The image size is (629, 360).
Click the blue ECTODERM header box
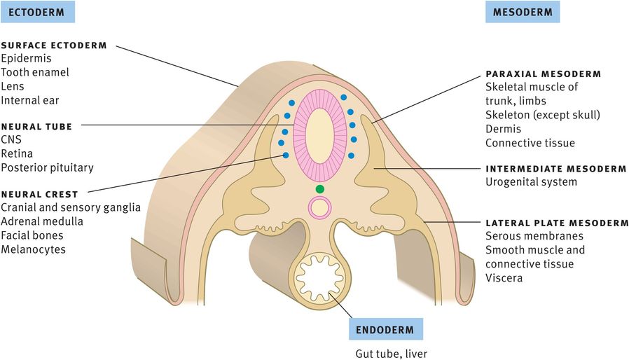tap(37, 12)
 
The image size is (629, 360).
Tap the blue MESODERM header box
tap(522, 12)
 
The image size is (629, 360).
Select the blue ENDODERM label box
tap(384, 329)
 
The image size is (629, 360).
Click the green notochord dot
tap(320, 189)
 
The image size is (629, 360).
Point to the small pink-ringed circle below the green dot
tap(320, 207)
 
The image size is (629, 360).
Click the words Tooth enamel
tap(35, 72)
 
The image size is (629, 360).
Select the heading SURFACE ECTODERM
tap(54, 46)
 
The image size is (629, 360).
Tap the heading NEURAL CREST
tap(39, 193)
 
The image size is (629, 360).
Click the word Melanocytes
tap(33, 249)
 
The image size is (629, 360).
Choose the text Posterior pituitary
tap(47, 167)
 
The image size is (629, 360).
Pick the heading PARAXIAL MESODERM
tap(543, 74)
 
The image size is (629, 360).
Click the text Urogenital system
tap(531, 182)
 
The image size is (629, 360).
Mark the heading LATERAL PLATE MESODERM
tap(557, 223)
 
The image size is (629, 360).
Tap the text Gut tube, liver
tap(390, 353)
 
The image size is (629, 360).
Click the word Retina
tap(17, 153)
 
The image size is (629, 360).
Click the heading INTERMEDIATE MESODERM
tap(555, 169)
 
